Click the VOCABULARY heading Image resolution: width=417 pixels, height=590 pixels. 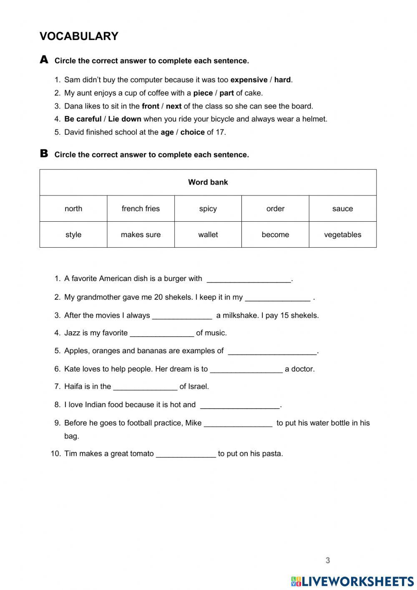(x=79, y=36)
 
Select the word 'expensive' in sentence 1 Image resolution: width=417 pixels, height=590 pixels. (x=249, y=80)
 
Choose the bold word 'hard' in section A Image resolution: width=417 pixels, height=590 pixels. (x=282, y=80)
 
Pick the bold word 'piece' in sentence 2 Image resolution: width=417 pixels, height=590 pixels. (x=203, y=93)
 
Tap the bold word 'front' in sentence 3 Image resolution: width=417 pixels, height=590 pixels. (x=150, y=106)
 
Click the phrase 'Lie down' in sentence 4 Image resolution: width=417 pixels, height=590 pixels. (x=124, y=119)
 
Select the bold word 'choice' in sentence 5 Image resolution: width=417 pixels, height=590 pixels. (x=192, y=132)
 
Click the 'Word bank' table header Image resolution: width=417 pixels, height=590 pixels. (x=208, y=182)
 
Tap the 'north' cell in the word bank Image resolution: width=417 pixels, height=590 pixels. (x=73, y=209)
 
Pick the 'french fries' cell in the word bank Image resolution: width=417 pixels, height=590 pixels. (x=141, y=209)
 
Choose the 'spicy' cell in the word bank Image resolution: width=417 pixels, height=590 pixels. (x=208, y=209)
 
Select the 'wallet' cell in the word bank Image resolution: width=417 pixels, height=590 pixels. (x=208, y=235)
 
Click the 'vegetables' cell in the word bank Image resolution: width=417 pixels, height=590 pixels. (x=342, y=235)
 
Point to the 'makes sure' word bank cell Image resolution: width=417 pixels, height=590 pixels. (x=141, y=235)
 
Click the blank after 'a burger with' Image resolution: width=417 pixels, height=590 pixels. (x=249, y=279)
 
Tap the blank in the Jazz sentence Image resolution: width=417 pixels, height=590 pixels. (x=162, y=334)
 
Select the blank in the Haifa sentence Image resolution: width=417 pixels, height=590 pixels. (x=145, y=387)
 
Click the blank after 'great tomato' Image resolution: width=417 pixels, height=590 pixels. (x=186, y=454)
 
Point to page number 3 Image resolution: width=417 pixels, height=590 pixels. (x=328, y=560)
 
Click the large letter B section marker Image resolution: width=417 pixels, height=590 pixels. (x=44, y=154)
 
